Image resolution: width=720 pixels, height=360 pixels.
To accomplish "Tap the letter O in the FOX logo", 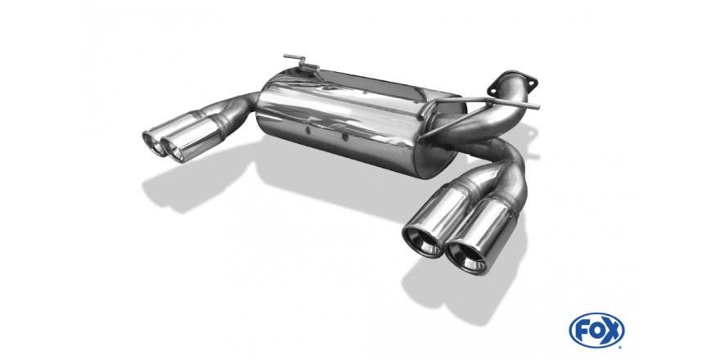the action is coord(596,331).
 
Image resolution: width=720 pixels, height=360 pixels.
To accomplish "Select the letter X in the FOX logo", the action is coord(612,331).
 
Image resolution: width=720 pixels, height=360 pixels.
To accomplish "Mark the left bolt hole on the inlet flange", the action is coord(493,92).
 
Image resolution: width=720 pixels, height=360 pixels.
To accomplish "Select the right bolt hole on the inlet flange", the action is coord(531,83).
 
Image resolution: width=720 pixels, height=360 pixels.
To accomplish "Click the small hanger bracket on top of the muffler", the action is coord(301,63).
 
